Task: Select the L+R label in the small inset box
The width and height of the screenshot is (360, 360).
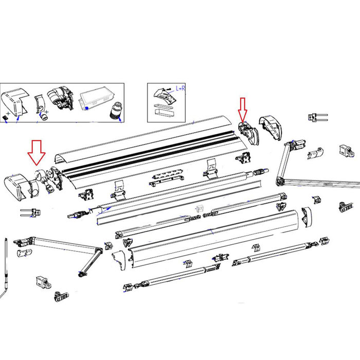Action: coord(181,88)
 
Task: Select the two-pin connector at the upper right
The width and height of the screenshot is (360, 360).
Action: coord(317,117)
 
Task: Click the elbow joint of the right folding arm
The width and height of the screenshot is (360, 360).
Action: coord(280,180)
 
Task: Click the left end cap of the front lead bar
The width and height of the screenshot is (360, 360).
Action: coord(118,257)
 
